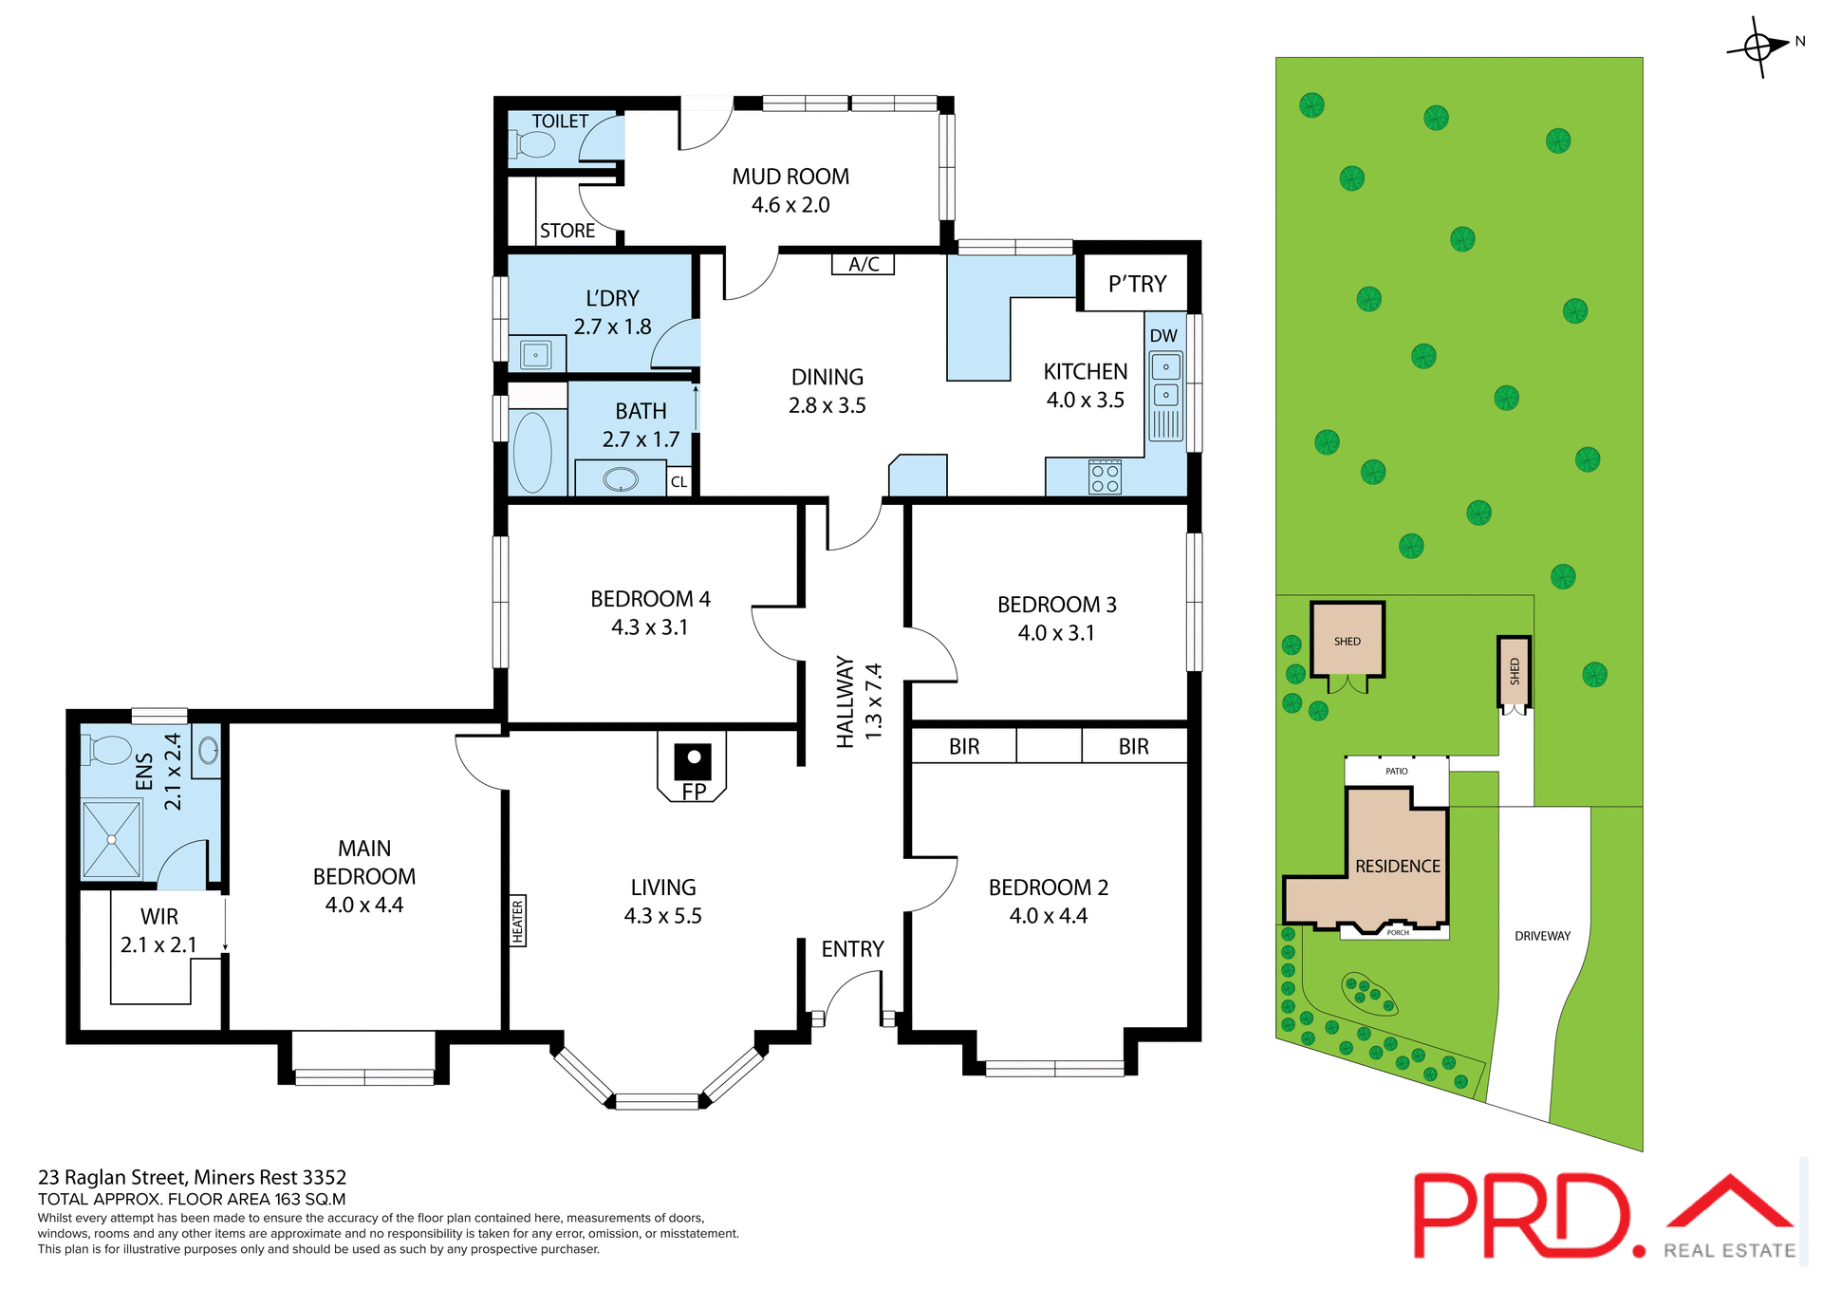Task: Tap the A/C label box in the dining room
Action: point(863,264)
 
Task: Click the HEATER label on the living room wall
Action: point(517,921)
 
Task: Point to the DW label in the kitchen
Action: point(1162,335)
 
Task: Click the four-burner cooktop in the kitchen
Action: point(1105,477)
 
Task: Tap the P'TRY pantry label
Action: point(1137,284)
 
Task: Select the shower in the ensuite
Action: point(112,839)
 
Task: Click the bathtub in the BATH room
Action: point(532,453)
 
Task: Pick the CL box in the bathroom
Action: point(679,481)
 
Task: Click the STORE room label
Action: point(567,231)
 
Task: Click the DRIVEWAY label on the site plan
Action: point(1542,936)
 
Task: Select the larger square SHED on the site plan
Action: point(1347,640)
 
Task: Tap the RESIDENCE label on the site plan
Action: point(1397,866)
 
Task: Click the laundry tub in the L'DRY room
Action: point(536,355)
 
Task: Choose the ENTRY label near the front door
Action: point(852,949)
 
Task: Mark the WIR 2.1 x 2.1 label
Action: point(158,930)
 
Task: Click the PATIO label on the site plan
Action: point(1396,771)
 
